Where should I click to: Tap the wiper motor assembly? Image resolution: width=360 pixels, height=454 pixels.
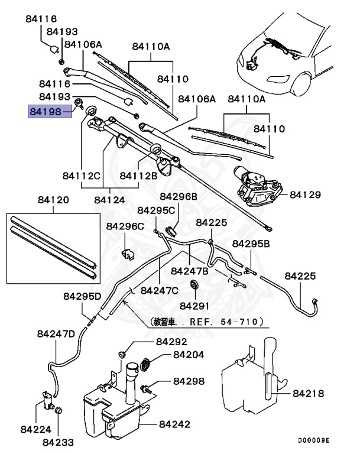coord(258,186)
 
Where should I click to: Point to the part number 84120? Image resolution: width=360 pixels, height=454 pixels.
coord(53,200)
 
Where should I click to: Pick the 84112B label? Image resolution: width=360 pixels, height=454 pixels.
coord(138,176)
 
